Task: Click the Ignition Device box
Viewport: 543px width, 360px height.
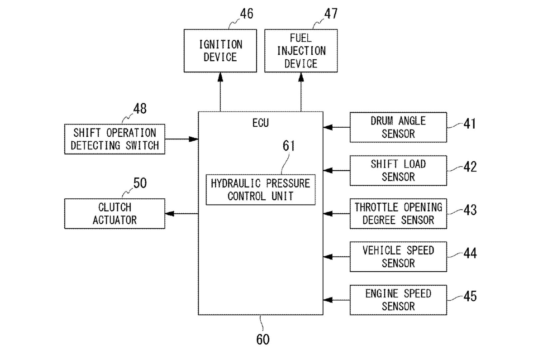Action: tap(220, 51)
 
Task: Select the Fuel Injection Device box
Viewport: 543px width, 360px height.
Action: tap(301, 51)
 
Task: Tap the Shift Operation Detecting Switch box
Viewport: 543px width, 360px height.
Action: tap(114, 139)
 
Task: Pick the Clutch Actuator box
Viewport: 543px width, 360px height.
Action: tap(114, 213)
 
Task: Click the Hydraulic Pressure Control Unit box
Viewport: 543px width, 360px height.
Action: tap(260, 190)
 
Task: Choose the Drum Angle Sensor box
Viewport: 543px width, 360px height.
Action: tap(398, 127)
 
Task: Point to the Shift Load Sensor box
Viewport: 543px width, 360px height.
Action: tap(398, 170)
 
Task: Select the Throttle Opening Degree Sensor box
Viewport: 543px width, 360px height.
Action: tap(398, 213)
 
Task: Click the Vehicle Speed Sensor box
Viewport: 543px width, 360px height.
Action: tap(398, 256)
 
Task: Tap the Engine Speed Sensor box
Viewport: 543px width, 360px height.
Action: tap(398, 300)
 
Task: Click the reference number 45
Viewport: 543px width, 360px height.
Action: tap(469, 297)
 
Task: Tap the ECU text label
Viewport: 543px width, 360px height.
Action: tap(260, 123)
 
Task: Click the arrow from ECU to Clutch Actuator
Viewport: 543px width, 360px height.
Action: tap(181, 213)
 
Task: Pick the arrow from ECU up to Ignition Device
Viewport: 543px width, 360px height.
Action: tap(220, 93)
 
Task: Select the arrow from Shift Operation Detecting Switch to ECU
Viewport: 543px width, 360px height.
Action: tap(181, 139)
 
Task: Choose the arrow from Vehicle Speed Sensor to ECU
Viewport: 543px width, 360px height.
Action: tap(337, 257)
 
